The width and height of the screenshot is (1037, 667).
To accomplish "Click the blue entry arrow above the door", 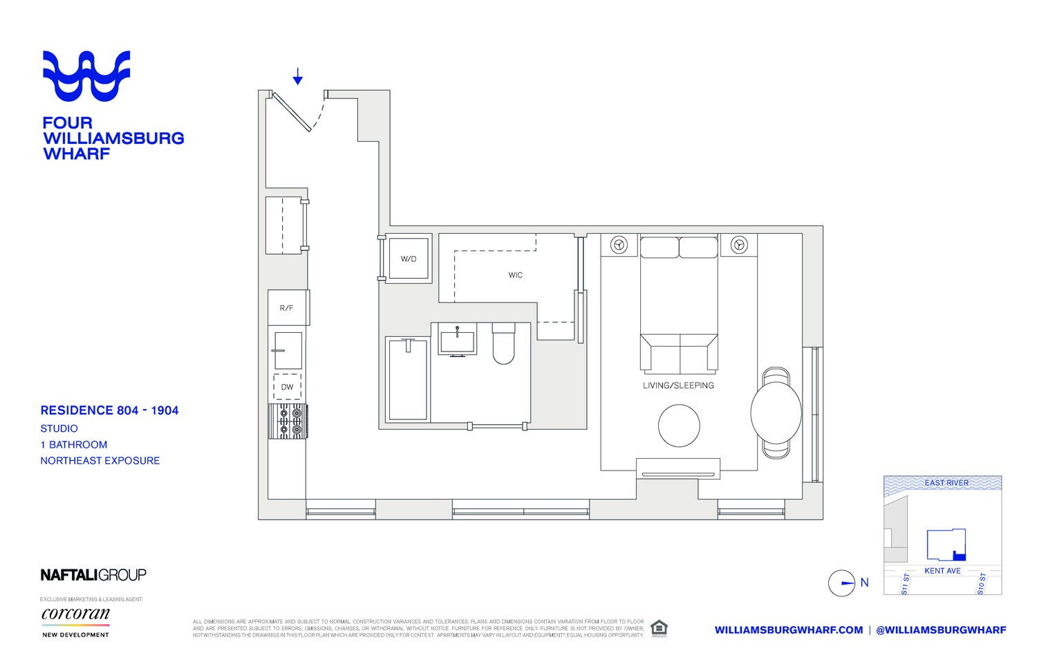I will point(297,76).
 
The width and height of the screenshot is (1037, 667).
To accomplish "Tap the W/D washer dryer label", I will point(409,259).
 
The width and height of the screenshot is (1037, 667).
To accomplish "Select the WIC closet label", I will point(515,275).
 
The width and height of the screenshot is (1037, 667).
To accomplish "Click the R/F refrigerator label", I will point(286,308).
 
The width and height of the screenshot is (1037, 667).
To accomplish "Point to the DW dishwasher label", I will point(287,387).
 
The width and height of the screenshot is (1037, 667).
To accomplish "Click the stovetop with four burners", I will point(289,421).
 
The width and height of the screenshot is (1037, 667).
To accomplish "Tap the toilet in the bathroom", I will point(503,344).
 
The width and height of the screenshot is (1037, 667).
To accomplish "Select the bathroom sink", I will point(457,341).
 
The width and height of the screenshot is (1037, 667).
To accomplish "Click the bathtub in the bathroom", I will point(408,379).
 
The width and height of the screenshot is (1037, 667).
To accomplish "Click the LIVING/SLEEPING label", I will point(678,385).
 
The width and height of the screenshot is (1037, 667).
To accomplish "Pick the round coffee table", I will point(679,426).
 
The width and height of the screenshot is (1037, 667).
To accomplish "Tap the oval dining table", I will point(776,413).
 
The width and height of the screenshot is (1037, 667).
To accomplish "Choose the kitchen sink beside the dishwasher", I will point(288,350).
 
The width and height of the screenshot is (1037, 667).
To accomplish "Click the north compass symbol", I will point(842,583).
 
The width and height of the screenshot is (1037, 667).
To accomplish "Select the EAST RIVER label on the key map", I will point(946,483).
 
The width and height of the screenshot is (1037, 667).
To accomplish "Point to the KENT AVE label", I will point(942,571).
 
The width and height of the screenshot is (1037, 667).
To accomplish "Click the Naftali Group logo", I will point(93,575).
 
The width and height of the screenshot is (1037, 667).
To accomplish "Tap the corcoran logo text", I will point(75,614).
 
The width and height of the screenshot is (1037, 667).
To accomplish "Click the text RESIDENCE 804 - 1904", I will point(109,410).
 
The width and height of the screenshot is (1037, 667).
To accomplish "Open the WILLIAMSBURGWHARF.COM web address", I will point(788,630).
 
